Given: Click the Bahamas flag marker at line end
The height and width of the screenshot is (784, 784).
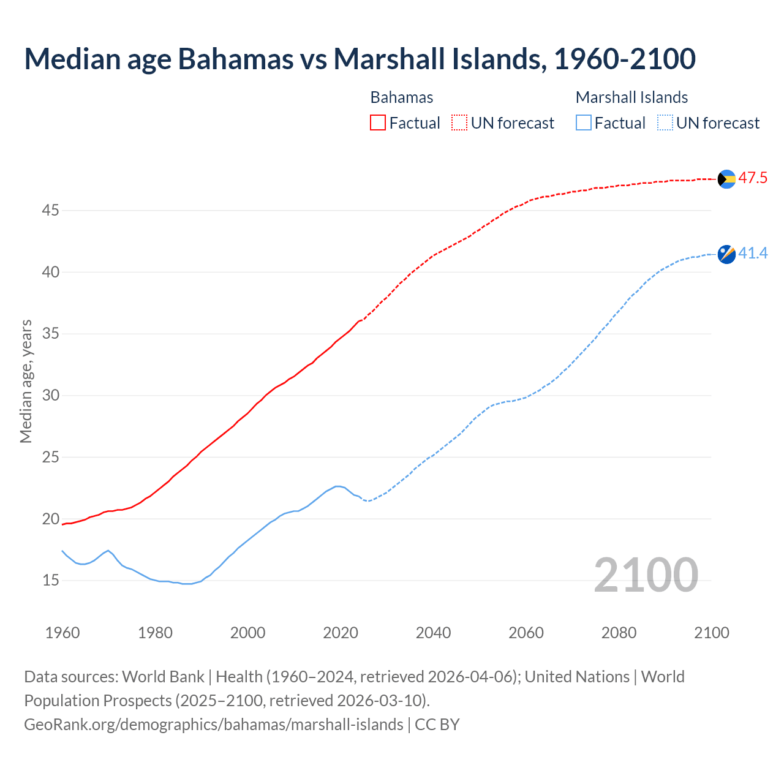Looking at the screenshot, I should click(726, 179).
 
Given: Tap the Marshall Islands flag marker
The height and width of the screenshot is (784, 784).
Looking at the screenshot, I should click(726, 254).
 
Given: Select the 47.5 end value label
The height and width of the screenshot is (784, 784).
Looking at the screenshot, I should click(753, 178).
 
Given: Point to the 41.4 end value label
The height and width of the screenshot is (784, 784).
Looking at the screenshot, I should click(753, 254).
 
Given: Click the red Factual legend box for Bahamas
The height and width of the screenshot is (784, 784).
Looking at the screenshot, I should click(378, 123).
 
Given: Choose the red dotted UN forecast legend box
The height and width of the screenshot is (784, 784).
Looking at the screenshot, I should click(459, 123).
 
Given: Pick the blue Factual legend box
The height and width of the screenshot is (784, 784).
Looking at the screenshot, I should click(584, 123).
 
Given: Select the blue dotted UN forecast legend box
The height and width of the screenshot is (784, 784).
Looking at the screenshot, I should click(665, 123).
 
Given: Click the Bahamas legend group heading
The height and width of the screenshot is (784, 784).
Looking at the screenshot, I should click(402, 97).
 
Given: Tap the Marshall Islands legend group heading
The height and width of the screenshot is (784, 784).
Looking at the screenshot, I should click(631, 97).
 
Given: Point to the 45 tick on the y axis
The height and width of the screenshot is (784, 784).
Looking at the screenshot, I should click(50, 211).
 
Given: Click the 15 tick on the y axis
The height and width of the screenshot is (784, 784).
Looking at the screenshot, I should click(50, 580).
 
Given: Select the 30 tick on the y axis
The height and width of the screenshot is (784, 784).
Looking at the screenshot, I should click(50, 396).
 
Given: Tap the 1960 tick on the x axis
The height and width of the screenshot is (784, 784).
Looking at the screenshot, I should click(62, 633).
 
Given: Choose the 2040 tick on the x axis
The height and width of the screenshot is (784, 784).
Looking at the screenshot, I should click(433, 633).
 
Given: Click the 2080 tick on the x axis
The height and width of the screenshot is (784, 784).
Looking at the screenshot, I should click(619, 633).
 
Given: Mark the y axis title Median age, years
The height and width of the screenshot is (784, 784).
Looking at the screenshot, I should click(26, 381).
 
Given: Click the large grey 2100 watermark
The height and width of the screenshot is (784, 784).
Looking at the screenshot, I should click(646, 575).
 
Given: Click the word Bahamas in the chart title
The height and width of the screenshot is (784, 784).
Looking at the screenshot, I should click(235, 59).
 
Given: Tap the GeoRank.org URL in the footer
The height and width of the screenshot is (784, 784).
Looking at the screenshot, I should click(213, 725).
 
